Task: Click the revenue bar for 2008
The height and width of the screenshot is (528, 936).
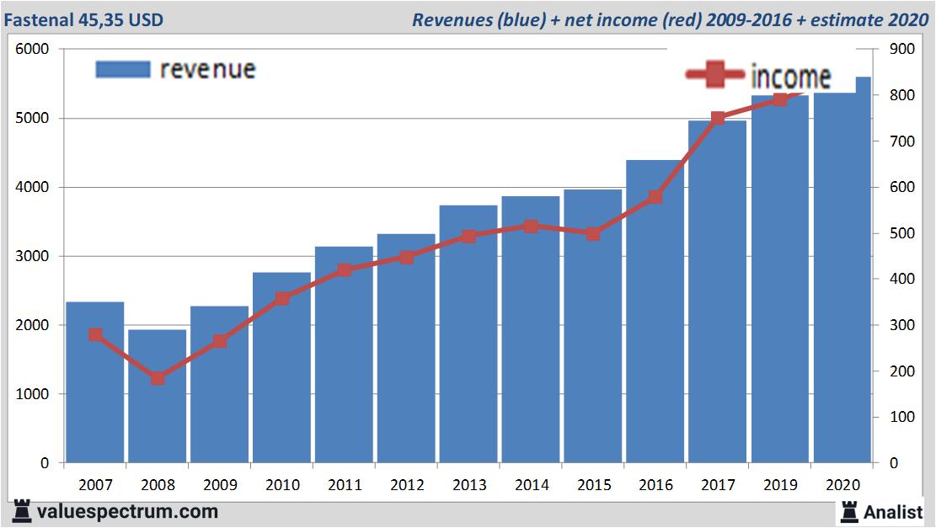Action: [x=157, y=396]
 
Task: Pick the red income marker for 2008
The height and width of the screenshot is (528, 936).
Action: [x=158, y=378]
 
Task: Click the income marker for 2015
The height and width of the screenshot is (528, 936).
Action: [x=593, y=234]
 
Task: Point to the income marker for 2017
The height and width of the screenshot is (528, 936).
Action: [x=718, y=119]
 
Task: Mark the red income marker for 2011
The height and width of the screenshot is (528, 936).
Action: [x=345, y=270]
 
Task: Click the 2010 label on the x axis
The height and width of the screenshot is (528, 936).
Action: [x=282, y=485]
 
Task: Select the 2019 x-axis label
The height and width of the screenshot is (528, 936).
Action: [x=780, y=485]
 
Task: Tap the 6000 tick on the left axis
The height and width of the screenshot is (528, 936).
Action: [x=33, y=50]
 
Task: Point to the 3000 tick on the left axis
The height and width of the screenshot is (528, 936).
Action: [x=33, y=256]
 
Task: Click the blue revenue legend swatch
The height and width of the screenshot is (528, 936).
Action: [x=123, y=69]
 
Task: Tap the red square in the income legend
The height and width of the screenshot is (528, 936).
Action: [x=715, y=76]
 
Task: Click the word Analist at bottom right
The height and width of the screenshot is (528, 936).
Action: [x=893, y=511]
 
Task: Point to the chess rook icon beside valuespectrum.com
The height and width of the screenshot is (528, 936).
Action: [x=23, y=511]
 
